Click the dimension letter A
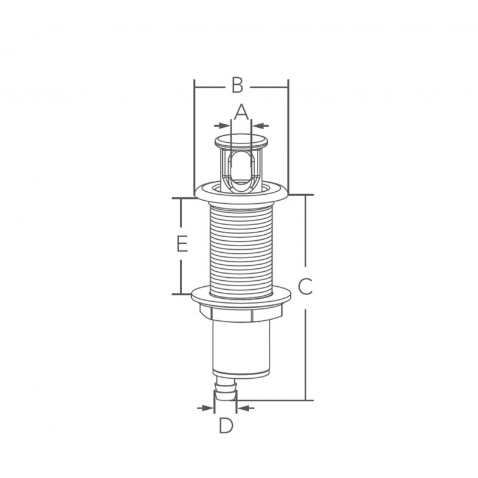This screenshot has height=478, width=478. (241, 111)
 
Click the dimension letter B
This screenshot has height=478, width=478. (237, 85)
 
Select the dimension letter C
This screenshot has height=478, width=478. (305, 287)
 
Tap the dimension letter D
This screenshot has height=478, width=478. (225, 426)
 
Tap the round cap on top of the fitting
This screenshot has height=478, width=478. (241, 142)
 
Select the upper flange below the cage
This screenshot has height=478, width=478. (241, 193)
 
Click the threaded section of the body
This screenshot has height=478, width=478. (241, 245)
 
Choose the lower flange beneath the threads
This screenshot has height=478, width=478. (241, 294)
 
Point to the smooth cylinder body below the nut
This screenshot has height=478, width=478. (241, 347)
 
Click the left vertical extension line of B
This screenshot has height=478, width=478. (195, 137)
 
